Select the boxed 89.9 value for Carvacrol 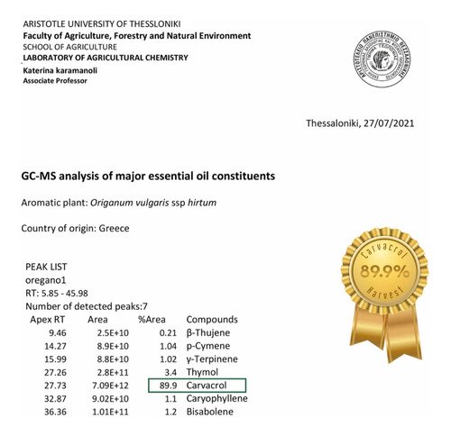coord(166,386)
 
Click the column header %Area coord(153,320)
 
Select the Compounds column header coord(212,320)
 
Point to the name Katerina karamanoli coord(64,68)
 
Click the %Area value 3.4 coord(170,370)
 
